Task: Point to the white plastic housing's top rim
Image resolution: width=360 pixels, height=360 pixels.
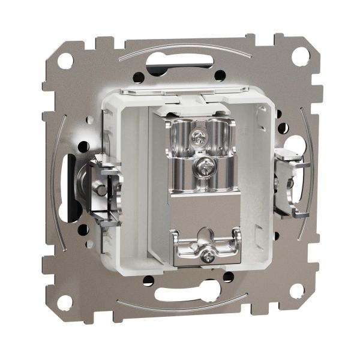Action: click(180, 91)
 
